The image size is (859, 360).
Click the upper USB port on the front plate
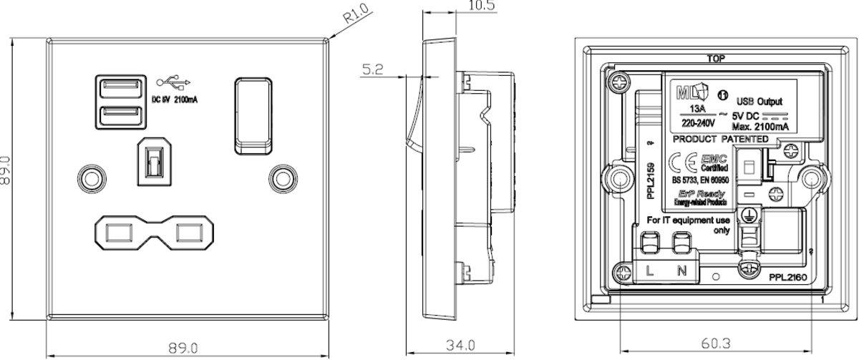tap(115, 89)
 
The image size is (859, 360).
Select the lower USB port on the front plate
tap(115, 114)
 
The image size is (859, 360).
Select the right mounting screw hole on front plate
tap(281, 176)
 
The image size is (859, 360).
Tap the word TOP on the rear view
tap(713, 59)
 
